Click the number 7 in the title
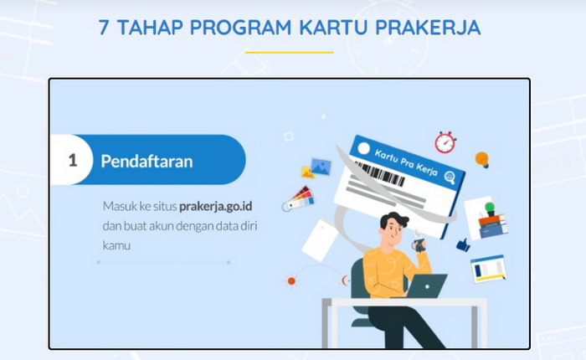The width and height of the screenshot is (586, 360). pos(105,28)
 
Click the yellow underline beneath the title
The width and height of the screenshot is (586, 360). pos(290,53)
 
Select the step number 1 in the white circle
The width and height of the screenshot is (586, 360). pos(73,161)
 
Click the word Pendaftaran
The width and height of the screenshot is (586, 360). pos(146,162)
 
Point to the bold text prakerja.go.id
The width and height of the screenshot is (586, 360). pos(216,206)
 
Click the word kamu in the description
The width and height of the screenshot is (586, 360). pos(116,245)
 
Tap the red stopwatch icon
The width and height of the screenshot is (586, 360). pos(445,142)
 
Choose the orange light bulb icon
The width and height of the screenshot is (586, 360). pos(482,160)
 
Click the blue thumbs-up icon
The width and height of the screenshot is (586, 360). pos(464,244)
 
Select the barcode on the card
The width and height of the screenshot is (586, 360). pos(379,174)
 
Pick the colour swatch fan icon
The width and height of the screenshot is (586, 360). pos(298,199)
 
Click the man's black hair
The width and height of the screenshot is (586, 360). pos(393,220)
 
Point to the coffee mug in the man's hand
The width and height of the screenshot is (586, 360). pos(419,244)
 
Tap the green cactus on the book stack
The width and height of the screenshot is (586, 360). pos(490,208)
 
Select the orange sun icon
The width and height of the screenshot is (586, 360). pos(291,280)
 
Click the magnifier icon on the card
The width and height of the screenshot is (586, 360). pos(450,177)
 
